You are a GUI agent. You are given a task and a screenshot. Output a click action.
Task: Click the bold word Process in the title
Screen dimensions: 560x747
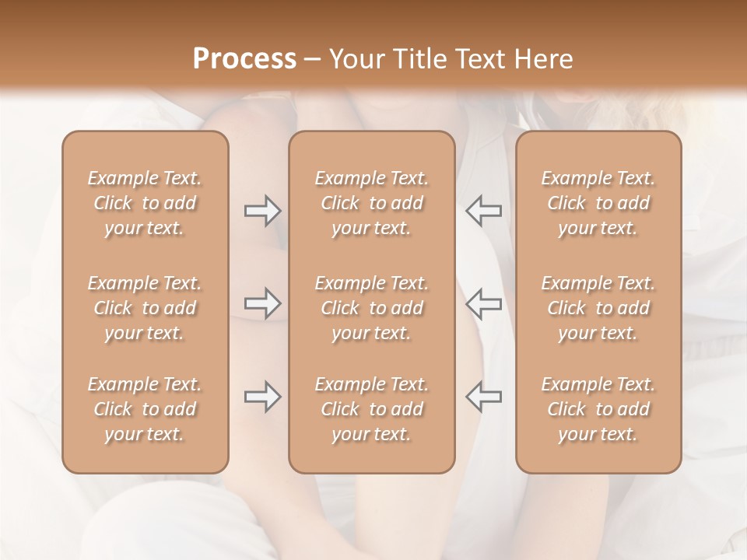point(244,59)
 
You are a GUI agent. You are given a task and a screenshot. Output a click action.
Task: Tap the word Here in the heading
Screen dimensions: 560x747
point(545,59)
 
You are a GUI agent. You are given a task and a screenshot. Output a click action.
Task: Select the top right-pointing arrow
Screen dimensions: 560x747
point(263,211)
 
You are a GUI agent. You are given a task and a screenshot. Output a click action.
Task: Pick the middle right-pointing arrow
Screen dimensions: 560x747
point(263,303)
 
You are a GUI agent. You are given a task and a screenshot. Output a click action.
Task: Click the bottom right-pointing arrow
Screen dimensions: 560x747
point(263,397)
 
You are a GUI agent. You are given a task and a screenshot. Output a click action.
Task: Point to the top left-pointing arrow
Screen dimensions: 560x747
point(484,211)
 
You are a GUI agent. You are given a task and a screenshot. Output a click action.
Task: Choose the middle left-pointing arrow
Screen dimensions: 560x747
point(484,303)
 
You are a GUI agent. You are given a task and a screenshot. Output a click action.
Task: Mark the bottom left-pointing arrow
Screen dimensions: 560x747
point(484,397)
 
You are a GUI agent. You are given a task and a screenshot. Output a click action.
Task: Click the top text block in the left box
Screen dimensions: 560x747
point(145,203)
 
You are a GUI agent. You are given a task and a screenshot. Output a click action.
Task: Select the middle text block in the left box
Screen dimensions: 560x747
point(145,308)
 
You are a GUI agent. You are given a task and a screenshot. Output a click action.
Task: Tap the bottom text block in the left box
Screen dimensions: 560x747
point(145,409)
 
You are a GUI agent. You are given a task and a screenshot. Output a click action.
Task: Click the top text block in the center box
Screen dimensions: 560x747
point(372,203)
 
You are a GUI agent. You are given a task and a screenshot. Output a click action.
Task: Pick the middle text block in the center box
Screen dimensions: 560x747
point(372,308)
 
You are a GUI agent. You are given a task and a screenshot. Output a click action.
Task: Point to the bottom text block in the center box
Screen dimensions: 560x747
point(372,409)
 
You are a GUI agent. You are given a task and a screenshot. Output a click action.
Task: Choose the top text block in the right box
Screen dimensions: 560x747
point(598,203)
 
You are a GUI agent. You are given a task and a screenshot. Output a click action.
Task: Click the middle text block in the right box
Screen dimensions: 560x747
point(598,308)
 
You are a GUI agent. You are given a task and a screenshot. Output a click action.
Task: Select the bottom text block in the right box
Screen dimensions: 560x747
point(598,409)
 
